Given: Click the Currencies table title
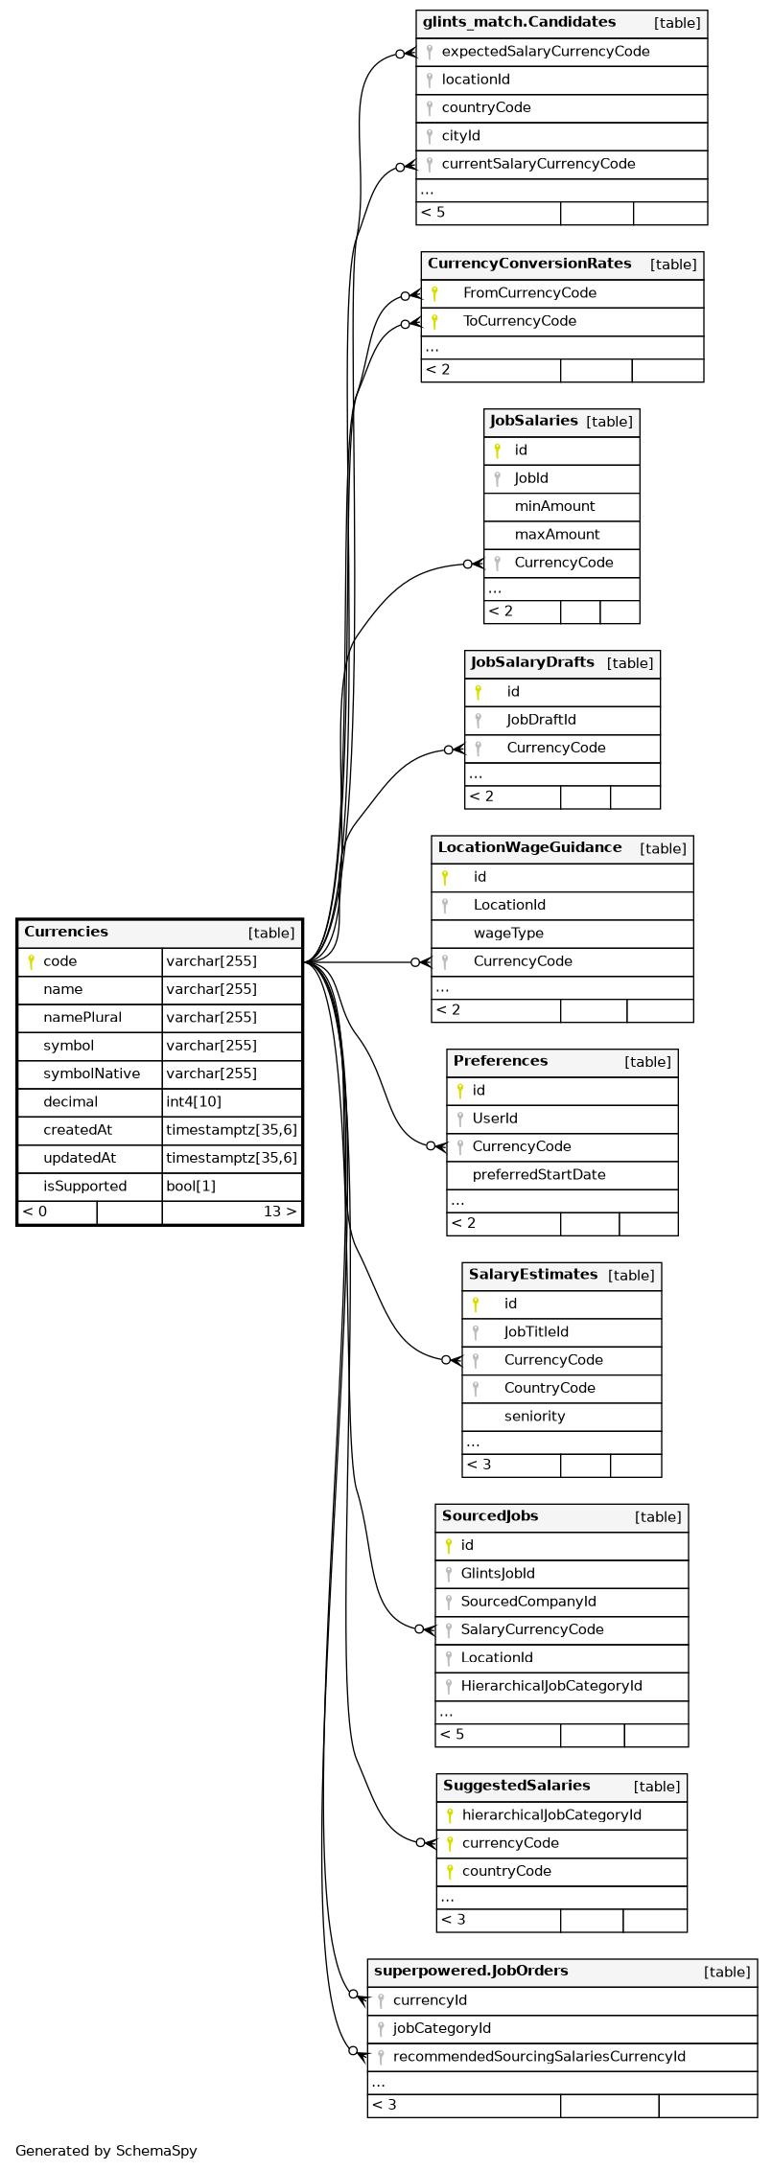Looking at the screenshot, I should coord(66,932).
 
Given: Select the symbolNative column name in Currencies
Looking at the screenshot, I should coord(91,1073).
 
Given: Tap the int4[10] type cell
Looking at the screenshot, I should coord(194,1101).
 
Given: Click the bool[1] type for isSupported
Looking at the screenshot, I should coord(191,1186).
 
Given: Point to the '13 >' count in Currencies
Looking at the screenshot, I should coord(279,1212).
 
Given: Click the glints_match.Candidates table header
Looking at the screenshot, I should coord(519,22).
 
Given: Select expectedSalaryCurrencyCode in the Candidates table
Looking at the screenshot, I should coord(545,52).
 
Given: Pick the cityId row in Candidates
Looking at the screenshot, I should coord(460,136).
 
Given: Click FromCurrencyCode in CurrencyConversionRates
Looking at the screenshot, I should coord(529,293).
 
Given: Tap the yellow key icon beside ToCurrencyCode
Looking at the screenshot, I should coord(434,322).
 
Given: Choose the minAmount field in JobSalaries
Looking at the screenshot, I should coord(554,506).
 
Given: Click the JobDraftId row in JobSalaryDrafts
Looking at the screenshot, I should coord(541,720).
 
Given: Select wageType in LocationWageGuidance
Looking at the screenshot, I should coord(508,934).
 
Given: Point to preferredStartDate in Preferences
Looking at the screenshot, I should coord(538,1175).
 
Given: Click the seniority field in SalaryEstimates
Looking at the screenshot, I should coord(534,1417).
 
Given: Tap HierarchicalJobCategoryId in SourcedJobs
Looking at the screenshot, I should coord(550,1686).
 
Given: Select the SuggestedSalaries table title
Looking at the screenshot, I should coord(516,1786).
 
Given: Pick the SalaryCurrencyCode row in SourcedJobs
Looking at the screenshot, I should coord(531,1629).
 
